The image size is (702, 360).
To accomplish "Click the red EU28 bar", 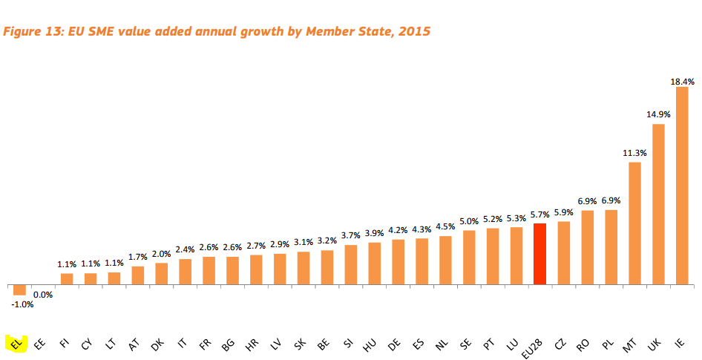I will tap(539, 253).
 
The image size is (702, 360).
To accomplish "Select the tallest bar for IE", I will tap(682, 186).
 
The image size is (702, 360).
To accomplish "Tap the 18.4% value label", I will tap(683, 82).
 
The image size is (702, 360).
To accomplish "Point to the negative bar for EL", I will tap(19, 290).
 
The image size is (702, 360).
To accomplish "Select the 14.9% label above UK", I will tap(657, 114).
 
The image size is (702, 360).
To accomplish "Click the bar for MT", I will tap(634, 223).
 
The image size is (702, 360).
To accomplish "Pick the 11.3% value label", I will tap(634, 153).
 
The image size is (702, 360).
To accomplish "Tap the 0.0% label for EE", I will tap(43, 295).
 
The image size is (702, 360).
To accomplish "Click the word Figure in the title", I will tap(25, 32).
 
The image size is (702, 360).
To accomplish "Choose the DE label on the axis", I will tap(396, 344).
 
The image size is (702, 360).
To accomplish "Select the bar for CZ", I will tap(563, 252).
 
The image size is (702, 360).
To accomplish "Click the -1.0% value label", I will tap(22, 304).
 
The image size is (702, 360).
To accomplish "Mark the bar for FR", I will tap(209, 270).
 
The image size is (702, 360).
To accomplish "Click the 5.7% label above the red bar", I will tap(540, 214).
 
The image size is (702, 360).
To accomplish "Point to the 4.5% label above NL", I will tap(445, 227).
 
